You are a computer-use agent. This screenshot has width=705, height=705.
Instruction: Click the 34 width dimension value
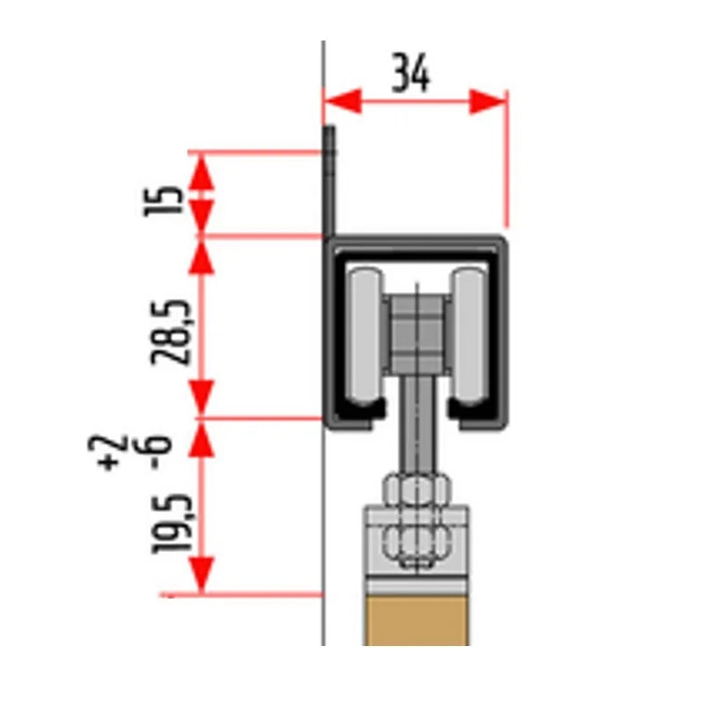click(411, 73)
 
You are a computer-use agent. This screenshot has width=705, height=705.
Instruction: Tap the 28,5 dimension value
click(172, 331)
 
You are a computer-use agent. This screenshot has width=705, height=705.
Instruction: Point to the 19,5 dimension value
click(172, 523)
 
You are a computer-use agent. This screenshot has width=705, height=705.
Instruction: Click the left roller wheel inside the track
click(366, 336)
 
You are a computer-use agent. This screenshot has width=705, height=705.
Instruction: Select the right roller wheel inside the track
click(468, 336)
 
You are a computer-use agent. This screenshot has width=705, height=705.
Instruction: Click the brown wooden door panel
click(416, 621)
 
